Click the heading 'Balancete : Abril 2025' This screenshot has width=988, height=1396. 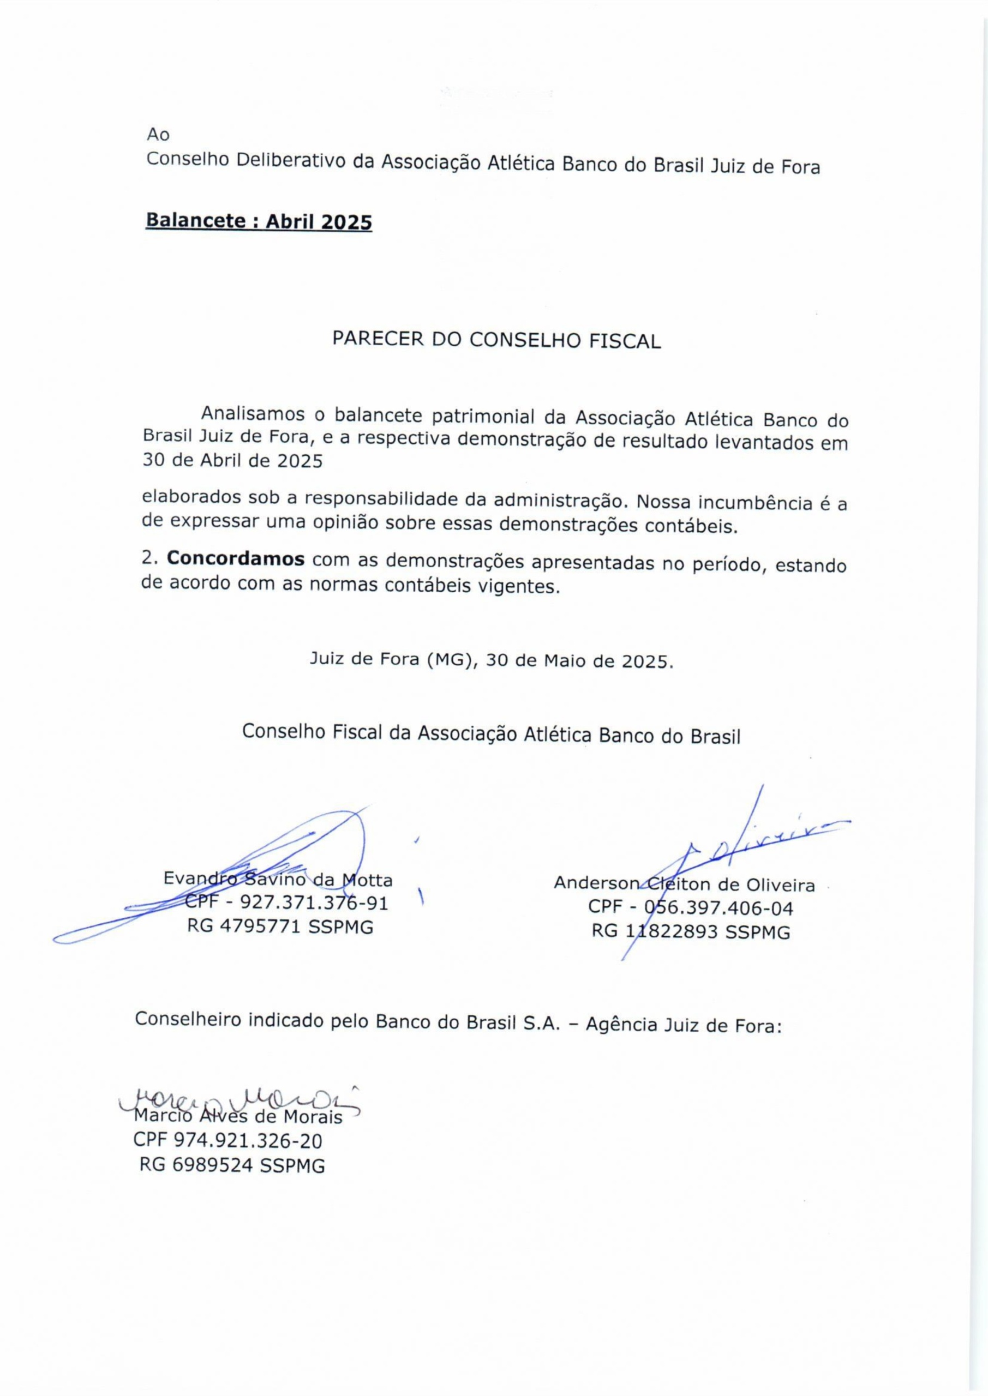coord(259,221)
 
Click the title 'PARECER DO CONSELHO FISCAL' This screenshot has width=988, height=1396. coord(496,340)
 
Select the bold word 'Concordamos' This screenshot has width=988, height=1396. coord(236,559)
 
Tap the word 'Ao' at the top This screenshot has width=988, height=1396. coord(158,134)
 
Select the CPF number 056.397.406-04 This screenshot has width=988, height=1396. coord(718,908)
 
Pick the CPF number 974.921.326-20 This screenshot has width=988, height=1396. coord(248,1141)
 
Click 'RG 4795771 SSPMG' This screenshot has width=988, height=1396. coord(280,927)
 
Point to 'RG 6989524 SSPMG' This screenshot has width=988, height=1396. coord(232,1165)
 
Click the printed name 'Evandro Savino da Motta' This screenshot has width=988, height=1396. coord(278,880)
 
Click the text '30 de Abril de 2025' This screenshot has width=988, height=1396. coord(232,461)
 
